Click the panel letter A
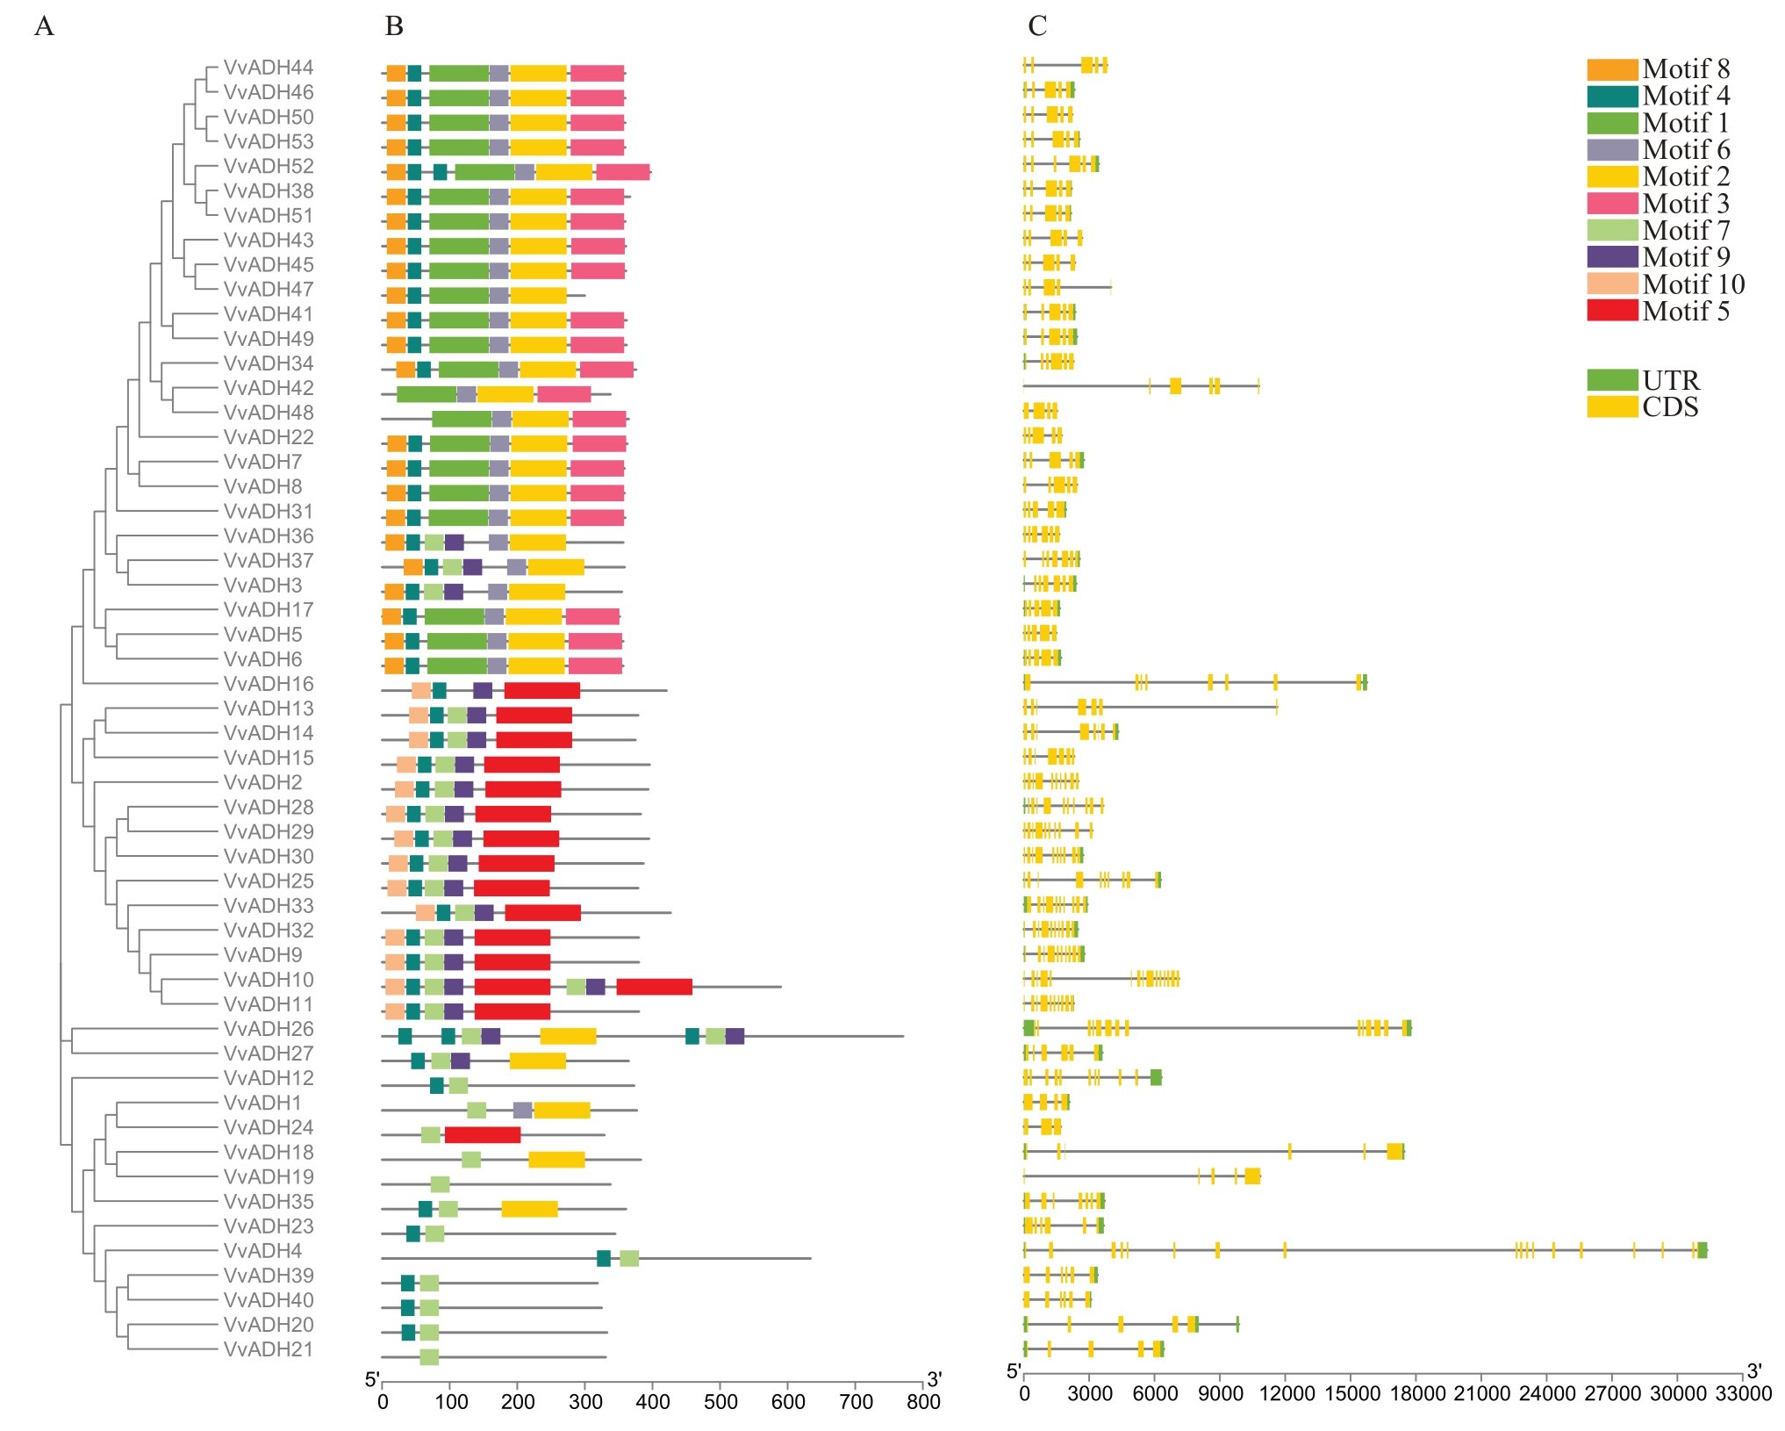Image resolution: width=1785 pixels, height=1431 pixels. point(44,27)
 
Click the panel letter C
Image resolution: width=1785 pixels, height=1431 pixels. point(1037,27)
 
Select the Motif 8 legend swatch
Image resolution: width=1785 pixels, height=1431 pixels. point(1611,69)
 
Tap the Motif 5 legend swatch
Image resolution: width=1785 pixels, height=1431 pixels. point(1611,311)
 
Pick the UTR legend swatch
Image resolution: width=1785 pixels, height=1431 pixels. point(1611,380)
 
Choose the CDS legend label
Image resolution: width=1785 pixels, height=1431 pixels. point(1670,407)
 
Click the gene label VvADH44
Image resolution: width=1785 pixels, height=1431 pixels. point(268,68)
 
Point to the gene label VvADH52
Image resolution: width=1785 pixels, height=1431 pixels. point(268,166)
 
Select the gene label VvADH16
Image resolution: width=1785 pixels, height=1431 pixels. point(268,684)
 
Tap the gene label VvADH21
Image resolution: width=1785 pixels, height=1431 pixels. point(268,1349)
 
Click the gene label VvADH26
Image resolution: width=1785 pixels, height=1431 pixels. point(268,1029)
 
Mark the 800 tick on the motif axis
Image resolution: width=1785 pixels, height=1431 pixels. point(923,1401)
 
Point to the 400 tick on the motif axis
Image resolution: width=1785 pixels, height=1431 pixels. point(652,1401)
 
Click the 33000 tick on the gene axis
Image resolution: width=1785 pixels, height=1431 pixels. point(1743,1394)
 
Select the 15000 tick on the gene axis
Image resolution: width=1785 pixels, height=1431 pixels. point(1351,1394)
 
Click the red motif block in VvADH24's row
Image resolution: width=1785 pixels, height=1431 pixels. point(482,1135)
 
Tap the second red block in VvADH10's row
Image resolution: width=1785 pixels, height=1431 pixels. point(654,987)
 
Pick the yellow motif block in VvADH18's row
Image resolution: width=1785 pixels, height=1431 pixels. point(556,1160)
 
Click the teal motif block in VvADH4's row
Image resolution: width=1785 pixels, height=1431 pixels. point(603,1258)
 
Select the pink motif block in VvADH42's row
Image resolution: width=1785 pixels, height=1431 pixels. point(563,395)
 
